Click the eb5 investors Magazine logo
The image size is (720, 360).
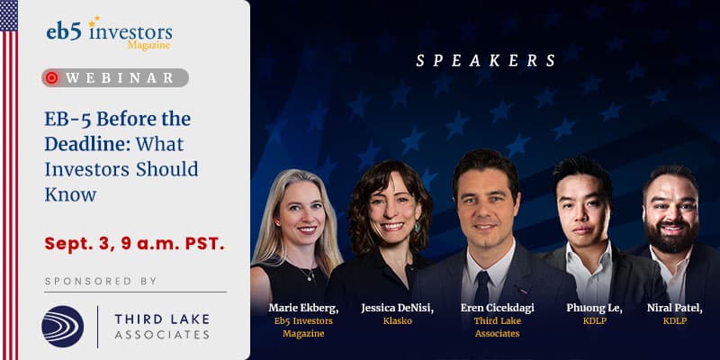(109, 33)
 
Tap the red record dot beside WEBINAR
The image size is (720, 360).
(52, 77)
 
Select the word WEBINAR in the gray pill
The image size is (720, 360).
(120, 78)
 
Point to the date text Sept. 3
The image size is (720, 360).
(80, 244)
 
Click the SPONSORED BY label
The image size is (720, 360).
(101, 281)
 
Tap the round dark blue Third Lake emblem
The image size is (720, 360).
(63, 326)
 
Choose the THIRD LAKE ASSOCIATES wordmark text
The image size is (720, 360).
(162, 327)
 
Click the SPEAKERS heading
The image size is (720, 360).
(486, 60)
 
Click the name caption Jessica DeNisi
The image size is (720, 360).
(398, 308)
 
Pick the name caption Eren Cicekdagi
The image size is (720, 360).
(498, 308)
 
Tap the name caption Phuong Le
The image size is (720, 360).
(594, 308)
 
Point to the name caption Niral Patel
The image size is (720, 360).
(674, 308)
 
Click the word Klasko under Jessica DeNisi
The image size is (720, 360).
(398, 321)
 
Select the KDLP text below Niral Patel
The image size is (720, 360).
(674, 321)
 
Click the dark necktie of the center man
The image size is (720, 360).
(481, 288)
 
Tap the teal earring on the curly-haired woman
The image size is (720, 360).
(417, 227)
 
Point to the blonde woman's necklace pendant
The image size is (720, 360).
(310, 277)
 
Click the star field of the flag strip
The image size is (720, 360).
(9, 15)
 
